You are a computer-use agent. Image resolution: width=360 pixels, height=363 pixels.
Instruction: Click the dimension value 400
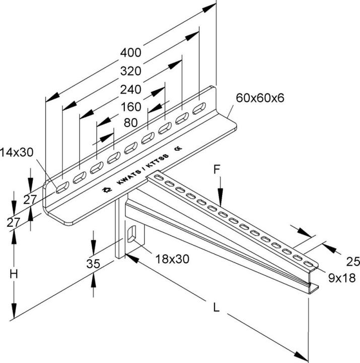pyautogui.click(x=131, y=52)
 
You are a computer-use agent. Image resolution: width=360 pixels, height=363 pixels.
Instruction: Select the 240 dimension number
pyautogui.click(x=130, y=89)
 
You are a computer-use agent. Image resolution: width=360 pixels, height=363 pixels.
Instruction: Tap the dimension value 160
pyautogui.click(x=130, y=107)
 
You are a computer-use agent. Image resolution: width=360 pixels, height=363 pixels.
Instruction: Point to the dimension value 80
pyautogui.click(x=130, y=123)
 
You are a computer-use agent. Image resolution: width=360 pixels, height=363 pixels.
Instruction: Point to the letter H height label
pyautogui.click(x=15, y=275)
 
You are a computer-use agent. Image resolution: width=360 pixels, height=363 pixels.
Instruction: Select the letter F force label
pyautogui.click(x=217, y=170)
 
